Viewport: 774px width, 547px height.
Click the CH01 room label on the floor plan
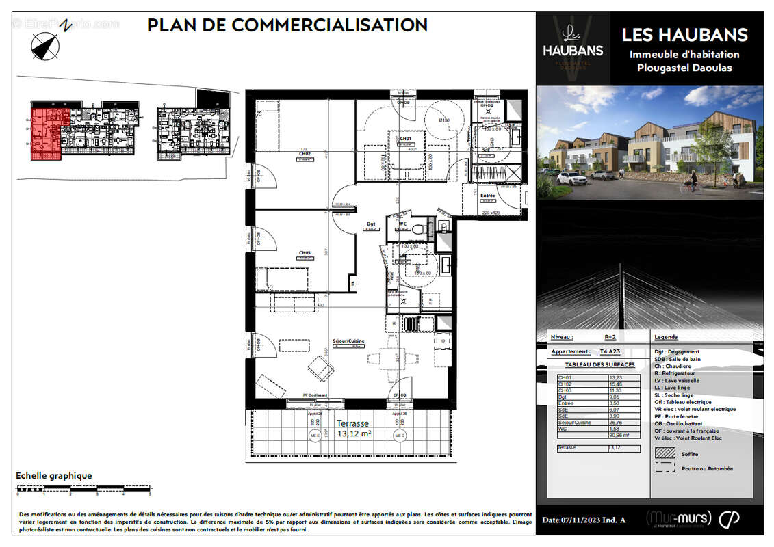point(404,138)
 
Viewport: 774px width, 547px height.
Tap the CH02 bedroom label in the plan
point(305,154)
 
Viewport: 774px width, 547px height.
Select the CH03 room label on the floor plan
point(305,253)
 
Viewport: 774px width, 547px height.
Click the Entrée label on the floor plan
point(487,196)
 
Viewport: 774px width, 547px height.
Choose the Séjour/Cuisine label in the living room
point(348,341)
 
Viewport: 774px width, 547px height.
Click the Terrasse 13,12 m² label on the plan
point(354,428)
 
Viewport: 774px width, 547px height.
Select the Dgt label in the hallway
point(370,224)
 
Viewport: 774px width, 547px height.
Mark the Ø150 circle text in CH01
point(443,120)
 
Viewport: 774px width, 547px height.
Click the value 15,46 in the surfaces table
point(615,384)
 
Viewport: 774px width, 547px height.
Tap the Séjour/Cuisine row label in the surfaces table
point(573,423)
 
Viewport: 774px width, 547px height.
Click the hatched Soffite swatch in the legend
point(665,453)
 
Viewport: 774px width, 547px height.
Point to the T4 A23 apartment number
point(610,351)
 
